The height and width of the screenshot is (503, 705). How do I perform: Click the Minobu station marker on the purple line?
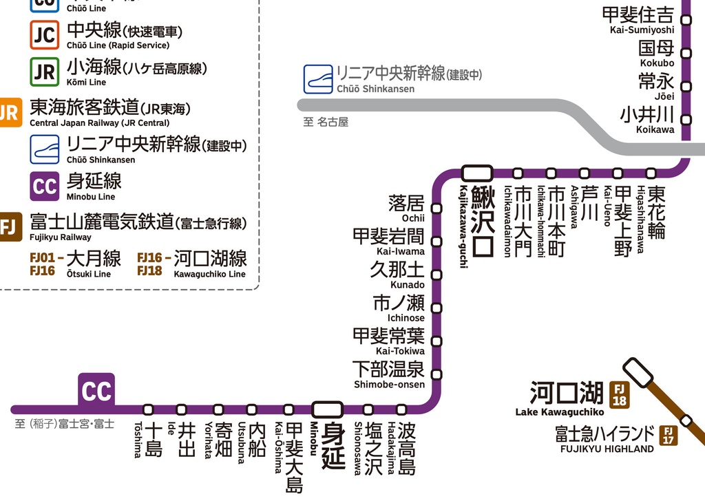click(x=327, y=409)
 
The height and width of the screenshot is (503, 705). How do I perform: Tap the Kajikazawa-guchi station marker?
click(x=477, y=173)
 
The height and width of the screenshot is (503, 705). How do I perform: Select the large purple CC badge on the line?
click(x=96, y=391)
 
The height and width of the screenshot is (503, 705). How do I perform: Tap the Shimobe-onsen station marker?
click(x=436, y=375)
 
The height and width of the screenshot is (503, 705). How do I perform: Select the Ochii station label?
click(x=408, y=208)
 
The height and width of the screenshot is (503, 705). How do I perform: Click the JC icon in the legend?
click(x=44, y=35)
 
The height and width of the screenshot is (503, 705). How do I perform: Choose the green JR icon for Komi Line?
click(x=44, y=72)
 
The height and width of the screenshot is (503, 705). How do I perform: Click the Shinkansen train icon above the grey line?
click(x=318, y=79)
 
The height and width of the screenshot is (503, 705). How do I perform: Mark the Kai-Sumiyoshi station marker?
click(x=686, y=20)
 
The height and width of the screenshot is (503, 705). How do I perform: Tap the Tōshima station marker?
click(x=148, y=409)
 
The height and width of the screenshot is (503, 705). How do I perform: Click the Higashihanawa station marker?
click(x=651, y=173)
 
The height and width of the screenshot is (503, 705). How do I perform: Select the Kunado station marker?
click(x=436, y=275)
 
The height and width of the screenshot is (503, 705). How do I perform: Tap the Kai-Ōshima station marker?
click(x=288, y=409)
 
